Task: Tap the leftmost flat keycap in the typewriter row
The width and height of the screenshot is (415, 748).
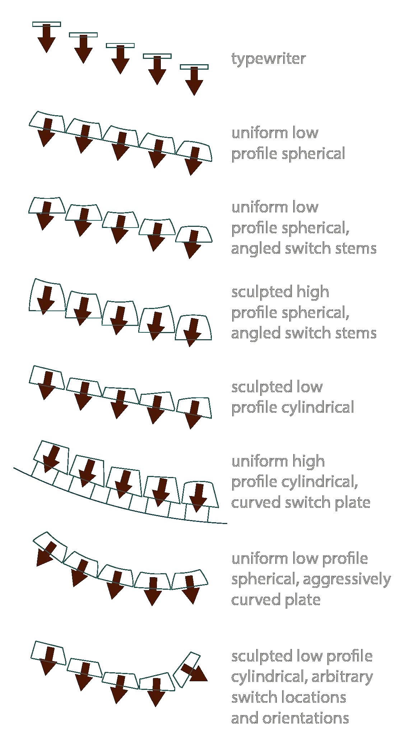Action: click(47, 24)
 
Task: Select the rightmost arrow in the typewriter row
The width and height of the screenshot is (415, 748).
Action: click(194, 81)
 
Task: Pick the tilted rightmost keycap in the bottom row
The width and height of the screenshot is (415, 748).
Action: click(187, 670)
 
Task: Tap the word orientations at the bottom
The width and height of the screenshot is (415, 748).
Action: click(306, 718)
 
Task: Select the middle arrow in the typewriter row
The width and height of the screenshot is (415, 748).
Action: click(120, 60)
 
